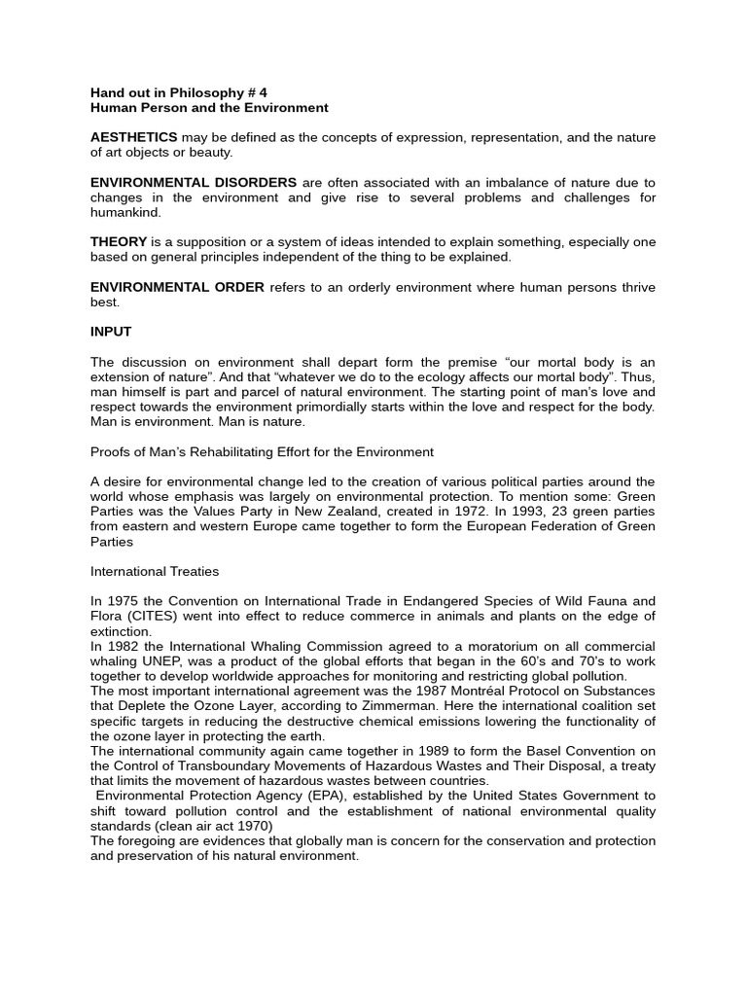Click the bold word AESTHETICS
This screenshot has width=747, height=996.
133,138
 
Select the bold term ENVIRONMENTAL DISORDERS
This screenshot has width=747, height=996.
194,183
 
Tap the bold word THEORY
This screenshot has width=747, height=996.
119,242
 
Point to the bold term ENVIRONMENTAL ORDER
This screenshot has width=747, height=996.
177,288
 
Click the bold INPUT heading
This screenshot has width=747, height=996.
111,332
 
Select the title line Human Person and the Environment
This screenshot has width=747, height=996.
209,108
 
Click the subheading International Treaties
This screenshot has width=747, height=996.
155,572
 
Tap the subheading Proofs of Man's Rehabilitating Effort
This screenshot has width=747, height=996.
262,452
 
